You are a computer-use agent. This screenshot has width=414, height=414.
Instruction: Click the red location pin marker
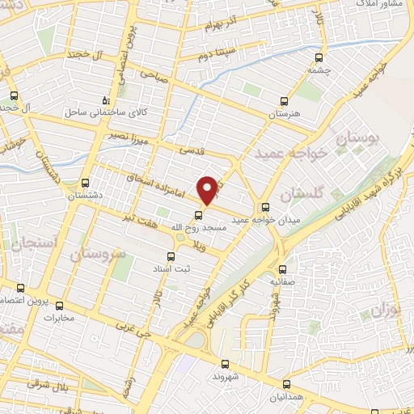coord(209,188)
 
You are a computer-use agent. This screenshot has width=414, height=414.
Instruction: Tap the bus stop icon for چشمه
coord(319,57)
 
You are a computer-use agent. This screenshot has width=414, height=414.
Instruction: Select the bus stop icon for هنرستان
coord(284,102)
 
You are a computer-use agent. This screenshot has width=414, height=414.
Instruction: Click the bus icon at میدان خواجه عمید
coord(266,206)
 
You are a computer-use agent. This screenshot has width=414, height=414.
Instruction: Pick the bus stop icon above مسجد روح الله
coord(200,214)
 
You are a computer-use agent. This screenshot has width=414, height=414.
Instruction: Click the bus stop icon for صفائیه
coord(282,270)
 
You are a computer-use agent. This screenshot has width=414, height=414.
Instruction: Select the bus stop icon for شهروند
coord(225,365)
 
